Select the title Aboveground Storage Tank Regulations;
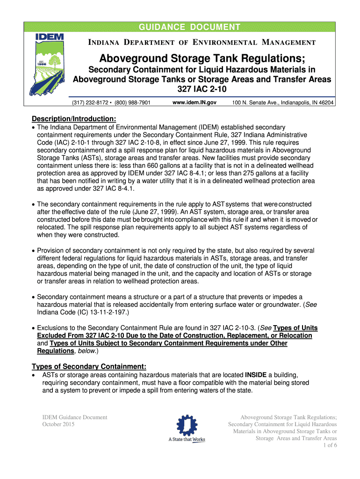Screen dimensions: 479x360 pyautogui.click(x=202, y=60)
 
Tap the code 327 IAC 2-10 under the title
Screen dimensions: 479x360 pyautogui.click(x=202, y=89)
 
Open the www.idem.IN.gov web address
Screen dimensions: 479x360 pyautogui.click(x=194, y=102)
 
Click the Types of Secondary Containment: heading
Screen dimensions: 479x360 pyautogui.click(x=89, y=366)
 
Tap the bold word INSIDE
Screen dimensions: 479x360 pyautogui.click(x=255, y=375)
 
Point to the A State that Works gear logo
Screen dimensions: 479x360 pyautogui.click(x=186, y=426)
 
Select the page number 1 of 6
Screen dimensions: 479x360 pyautogui.click(x=330, y=445)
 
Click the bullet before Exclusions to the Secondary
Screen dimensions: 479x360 pyautogui.click(x=33, y=328)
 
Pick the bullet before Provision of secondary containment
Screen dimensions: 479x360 pyautogui.click(x=33, y=251)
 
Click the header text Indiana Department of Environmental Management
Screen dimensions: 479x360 pyautogui.click(x=202, y=43)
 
